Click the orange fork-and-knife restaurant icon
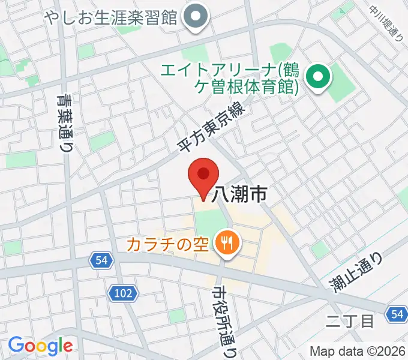[227, 242]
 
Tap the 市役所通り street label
[221, 321]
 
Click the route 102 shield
[124, 293]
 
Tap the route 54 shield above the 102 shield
[101, 260]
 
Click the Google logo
[40, 346]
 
